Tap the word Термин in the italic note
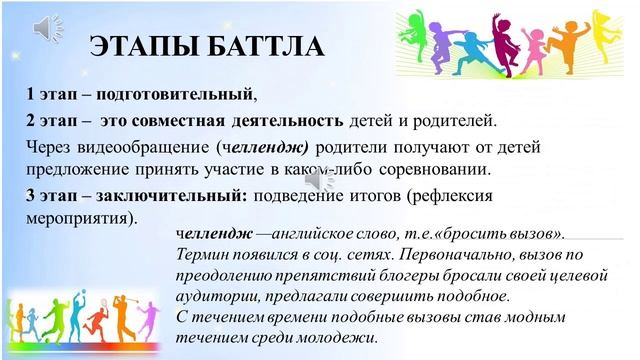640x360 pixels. click(x=202, y=257)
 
